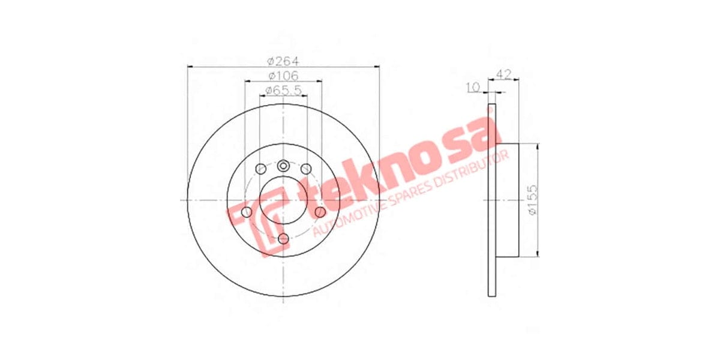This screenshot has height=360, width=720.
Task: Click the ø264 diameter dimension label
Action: (x=283, y=61)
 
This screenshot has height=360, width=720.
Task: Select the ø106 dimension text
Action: (x=283, y=76)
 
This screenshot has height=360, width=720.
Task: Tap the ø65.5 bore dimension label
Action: (x=283, y=90)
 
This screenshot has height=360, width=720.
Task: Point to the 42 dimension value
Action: (x=504, y=74)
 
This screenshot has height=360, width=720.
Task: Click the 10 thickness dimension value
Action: (x=473, y=88)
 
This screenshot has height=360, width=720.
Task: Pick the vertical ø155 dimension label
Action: (x=531, y=200)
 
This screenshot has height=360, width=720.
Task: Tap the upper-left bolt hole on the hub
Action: (x=260, y=169)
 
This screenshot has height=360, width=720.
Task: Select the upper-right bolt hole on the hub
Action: (x=306, y=169)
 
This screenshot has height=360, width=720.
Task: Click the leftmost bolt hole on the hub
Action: (x=246, y=212)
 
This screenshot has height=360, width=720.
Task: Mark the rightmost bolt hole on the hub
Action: (x=320, y=212)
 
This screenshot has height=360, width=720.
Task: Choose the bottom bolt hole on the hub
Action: (x=283, y=239)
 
